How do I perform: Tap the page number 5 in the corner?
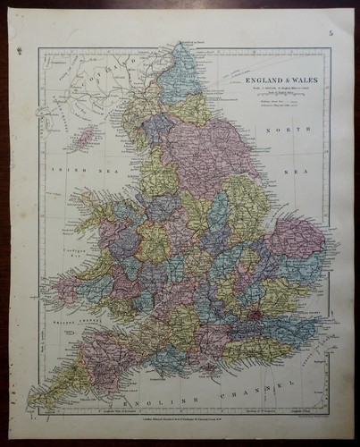[330, 35]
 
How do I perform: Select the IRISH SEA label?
[68, 168]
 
